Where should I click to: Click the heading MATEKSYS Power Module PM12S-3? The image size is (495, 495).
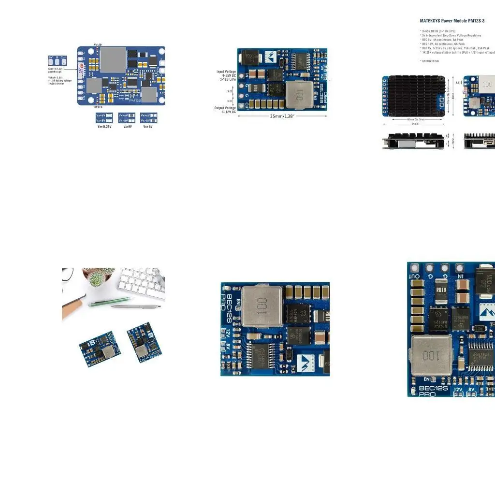[x=452, y=21]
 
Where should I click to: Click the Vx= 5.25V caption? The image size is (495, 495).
[x=104, y=127]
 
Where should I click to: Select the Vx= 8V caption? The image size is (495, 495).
[x=147, y=127]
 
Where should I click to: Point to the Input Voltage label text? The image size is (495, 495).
[x=226, y=72]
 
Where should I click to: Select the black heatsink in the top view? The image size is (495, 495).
[x=413, y=95]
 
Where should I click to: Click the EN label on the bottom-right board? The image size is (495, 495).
[x=427, y=379]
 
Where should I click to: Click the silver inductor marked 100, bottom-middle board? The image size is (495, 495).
[x=262, y=306]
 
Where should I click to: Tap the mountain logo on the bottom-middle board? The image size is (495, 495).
[x=304, y=360]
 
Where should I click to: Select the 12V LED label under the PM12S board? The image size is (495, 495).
[x=97, y=107]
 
